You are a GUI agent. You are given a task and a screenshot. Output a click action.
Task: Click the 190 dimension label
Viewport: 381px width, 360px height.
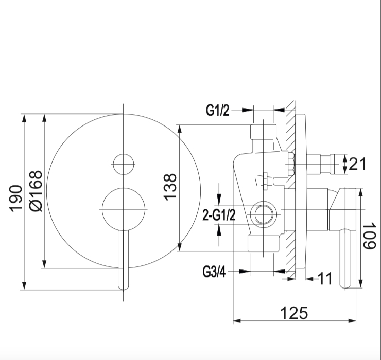click(x=15, y=199)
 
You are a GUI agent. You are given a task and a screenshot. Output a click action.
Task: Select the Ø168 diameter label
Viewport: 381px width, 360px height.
click(x=36, y=191)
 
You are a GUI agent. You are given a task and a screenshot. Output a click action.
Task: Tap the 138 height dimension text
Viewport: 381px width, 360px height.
click(x=170, y=187)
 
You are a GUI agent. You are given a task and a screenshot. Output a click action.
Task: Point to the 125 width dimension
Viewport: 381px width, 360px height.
click(x=294, y=313)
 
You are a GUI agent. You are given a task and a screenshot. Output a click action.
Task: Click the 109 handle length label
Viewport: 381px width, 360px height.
click(x=370, y=236)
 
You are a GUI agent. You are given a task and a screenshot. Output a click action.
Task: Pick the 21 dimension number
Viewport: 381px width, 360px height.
click(x=357, y=164)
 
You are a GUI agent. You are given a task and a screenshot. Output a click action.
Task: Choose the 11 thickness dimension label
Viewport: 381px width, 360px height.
click(x=325, y=278)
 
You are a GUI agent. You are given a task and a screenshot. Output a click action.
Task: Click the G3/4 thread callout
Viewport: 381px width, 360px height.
click(x=214, y=272)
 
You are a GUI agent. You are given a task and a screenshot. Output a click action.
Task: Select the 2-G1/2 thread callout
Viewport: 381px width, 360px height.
click(x=219, y=215)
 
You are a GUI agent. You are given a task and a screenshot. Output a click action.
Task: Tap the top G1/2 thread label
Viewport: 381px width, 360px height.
click(x=217, y=110)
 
